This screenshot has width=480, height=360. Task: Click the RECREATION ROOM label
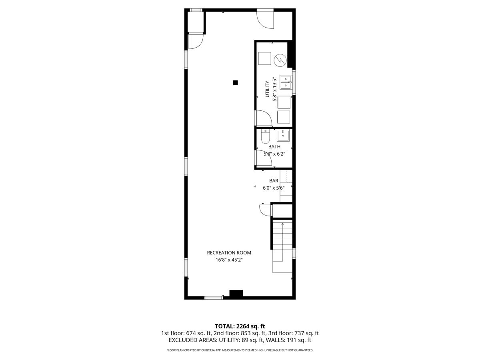tap(229, 253)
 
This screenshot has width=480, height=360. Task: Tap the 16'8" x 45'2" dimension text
tap(229, 260)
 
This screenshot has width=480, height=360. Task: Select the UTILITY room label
tap(267, 89)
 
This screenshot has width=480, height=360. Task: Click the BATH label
tap(274, 147)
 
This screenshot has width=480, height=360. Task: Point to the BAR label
tap(274, 181)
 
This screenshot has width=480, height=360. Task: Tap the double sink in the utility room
tap(286, 82)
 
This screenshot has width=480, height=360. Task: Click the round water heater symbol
tap(280, 60)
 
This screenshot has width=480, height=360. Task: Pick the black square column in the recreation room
tap(235, 83)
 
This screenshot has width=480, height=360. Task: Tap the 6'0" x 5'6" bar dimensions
tap(274, 188)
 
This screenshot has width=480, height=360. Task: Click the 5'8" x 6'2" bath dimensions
tap(274, 154)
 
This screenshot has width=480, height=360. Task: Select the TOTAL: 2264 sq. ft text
tap(240, 326)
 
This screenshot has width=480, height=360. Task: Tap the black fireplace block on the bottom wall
tap(236, 293)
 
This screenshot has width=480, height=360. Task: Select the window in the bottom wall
tap(214, 298)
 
